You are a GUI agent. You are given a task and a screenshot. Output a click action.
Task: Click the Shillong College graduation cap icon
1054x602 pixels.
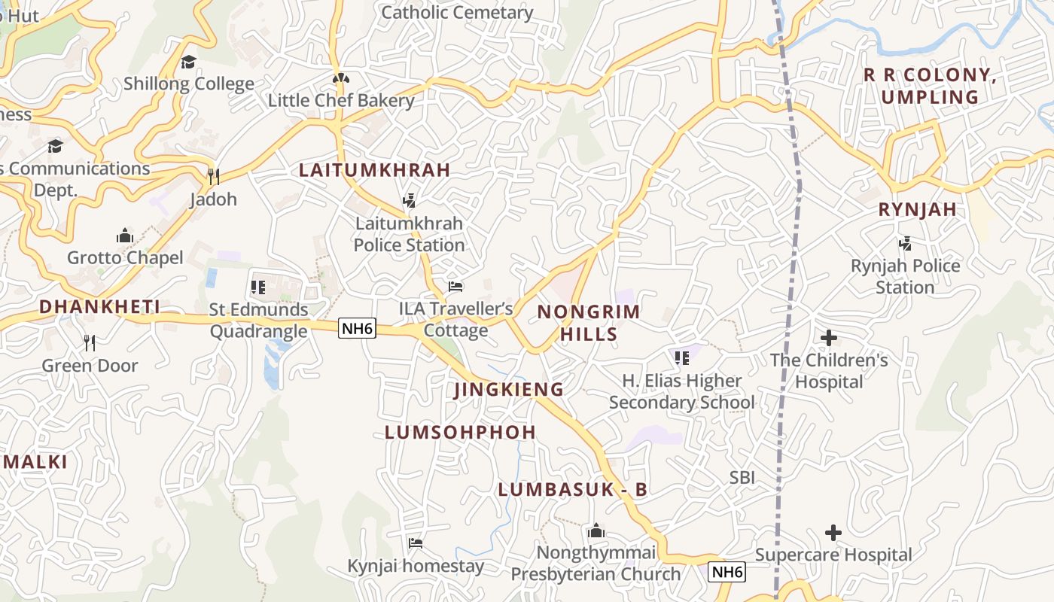(x=188, y=62)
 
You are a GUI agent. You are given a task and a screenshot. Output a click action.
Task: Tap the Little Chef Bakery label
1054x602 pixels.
(x=341, y=100)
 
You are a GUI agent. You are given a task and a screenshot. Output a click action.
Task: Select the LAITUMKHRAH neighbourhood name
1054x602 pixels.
(x=374, y=170)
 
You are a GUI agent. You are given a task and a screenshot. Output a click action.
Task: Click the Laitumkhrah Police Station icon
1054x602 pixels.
(x=409, y=201)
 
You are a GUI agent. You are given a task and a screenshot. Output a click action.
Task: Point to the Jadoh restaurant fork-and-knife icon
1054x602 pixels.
(x=214, y=177)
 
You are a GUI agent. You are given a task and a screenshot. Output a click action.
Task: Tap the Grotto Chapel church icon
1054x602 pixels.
(x=125, y=236)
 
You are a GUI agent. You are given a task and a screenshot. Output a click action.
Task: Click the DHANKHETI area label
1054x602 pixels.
(x=99, y=306)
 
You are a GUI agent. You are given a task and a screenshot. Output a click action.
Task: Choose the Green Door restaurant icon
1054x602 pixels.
(x=90, y=343)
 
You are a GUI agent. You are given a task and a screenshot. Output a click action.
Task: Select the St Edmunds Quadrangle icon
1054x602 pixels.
(x=258, y=287)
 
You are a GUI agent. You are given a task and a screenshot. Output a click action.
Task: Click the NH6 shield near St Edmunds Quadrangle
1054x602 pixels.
(x=357, y=328)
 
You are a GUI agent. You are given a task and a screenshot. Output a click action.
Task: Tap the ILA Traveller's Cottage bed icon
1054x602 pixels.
(x=455, y=287)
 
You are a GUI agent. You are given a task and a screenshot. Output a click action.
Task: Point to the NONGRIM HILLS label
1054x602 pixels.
(x=588, y=323)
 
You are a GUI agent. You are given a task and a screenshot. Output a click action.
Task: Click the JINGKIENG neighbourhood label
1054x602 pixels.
(x=509, y=389)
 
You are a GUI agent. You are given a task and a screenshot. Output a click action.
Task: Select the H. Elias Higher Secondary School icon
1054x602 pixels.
(x=681, y=358)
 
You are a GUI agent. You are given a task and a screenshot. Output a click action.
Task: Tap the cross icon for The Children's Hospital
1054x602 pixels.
(x=829, y=338)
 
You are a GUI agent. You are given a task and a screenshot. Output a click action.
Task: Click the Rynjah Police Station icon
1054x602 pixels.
(x=905, y=244)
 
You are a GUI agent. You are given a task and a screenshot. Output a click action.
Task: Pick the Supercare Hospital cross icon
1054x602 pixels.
(x=833, y=533)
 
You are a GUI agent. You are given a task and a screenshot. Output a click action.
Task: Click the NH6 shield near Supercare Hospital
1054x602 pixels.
(x=727, y=572)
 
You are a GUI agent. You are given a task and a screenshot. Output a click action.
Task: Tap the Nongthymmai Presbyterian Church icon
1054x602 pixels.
(x=596, y=531)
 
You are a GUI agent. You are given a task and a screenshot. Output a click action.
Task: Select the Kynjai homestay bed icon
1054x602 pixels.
(x=415, y=543)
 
